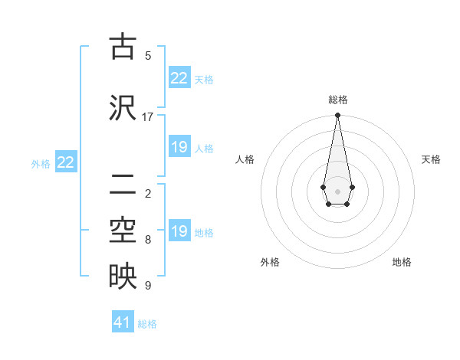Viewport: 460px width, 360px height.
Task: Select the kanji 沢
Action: pyautogui.click(x=122, y=107)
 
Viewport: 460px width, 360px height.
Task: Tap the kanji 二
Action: pyautogui.click(x=122, y=184)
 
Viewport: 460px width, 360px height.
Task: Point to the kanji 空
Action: pyautogui.click(x=122, y=230)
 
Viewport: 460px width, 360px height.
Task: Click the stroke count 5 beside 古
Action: pyautogui.click(x=148, y=55)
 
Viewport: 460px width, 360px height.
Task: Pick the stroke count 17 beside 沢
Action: pyautogui.click(x=148, y=117)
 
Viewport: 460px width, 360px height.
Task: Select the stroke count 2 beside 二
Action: pyautogui.click(x=148, y=193)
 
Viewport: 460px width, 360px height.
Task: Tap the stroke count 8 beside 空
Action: pyautogui.click(x=148, y=240)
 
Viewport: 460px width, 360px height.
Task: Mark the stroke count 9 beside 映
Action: pyautogui.click(x=148, y=286)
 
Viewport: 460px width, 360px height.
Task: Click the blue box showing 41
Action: pyautogui.click(x=123, y=322)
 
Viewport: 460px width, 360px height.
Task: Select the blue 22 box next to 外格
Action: pyautogui.click(x=66, y=162)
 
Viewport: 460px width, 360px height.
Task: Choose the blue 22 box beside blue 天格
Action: pyautogui.click(x=179, y=78)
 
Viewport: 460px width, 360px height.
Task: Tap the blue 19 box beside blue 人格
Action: pyautogui.click(x=179, y=147)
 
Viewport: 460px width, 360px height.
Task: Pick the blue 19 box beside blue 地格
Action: pyautogui.click(x=179, y=231)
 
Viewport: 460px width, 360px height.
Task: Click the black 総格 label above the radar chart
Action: pyautogui.click(x=338, y=100)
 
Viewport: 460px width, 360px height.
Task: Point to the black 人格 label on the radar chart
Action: pyautogui.click(x=245, y=159)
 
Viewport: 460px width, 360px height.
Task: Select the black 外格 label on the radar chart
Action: pyautogui.click(x=270, y=262)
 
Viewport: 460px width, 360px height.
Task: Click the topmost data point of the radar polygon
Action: pyautogui.click(x=337, y=116)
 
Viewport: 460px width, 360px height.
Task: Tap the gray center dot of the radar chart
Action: pyautogui.click(x=337, y=191)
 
